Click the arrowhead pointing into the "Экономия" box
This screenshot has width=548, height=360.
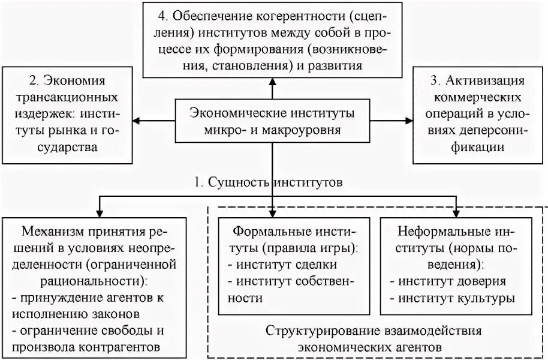[136, 121]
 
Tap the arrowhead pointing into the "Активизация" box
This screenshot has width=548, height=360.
[409, 121]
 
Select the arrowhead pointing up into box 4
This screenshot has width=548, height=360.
[272, 80]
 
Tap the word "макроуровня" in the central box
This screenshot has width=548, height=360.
[303, 129]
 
